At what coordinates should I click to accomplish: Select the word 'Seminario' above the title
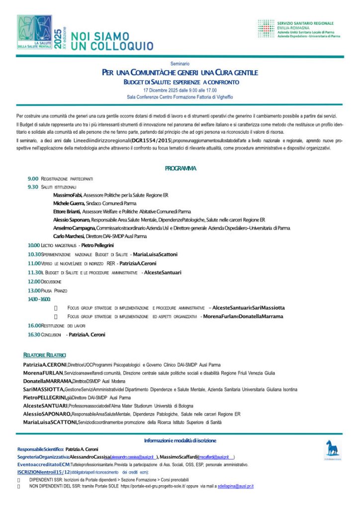pos(180,64)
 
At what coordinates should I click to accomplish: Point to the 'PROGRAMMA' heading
pos(180,169)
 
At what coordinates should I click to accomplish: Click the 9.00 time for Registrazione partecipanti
pos(33,178)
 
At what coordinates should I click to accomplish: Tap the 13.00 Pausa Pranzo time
pos(34,290)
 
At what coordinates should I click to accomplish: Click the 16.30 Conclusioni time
pos(34,335)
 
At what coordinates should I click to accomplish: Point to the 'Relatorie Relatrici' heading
pos(44,355)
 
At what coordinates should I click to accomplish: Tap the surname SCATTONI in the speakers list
pos(62,422)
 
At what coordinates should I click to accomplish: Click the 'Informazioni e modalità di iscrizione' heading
pos(180,440)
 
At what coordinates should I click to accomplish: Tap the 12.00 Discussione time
pos(34,281)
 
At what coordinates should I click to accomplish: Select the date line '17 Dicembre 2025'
pos(180,90)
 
